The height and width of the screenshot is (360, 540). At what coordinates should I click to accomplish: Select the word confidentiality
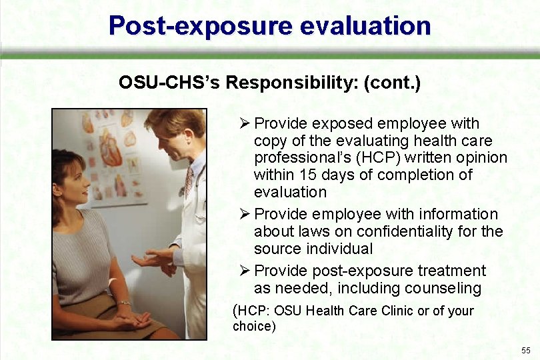click(x=417, y=231)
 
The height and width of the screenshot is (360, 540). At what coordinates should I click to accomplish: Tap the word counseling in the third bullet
click(x=443, y=288)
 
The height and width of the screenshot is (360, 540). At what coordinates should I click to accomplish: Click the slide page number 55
click(x=526, y=351)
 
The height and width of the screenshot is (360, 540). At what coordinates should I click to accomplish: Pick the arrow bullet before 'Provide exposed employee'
click(x=245, y=123)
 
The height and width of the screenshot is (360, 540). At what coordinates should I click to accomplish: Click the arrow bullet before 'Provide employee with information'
click(x=245, y=214)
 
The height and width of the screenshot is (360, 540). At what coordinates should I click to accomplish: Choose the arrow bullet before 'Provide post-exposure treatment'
click(x=245, y=271)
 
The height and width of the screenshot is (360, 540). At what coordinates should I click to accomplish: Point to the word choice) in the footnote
click(x=253, y=327)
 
